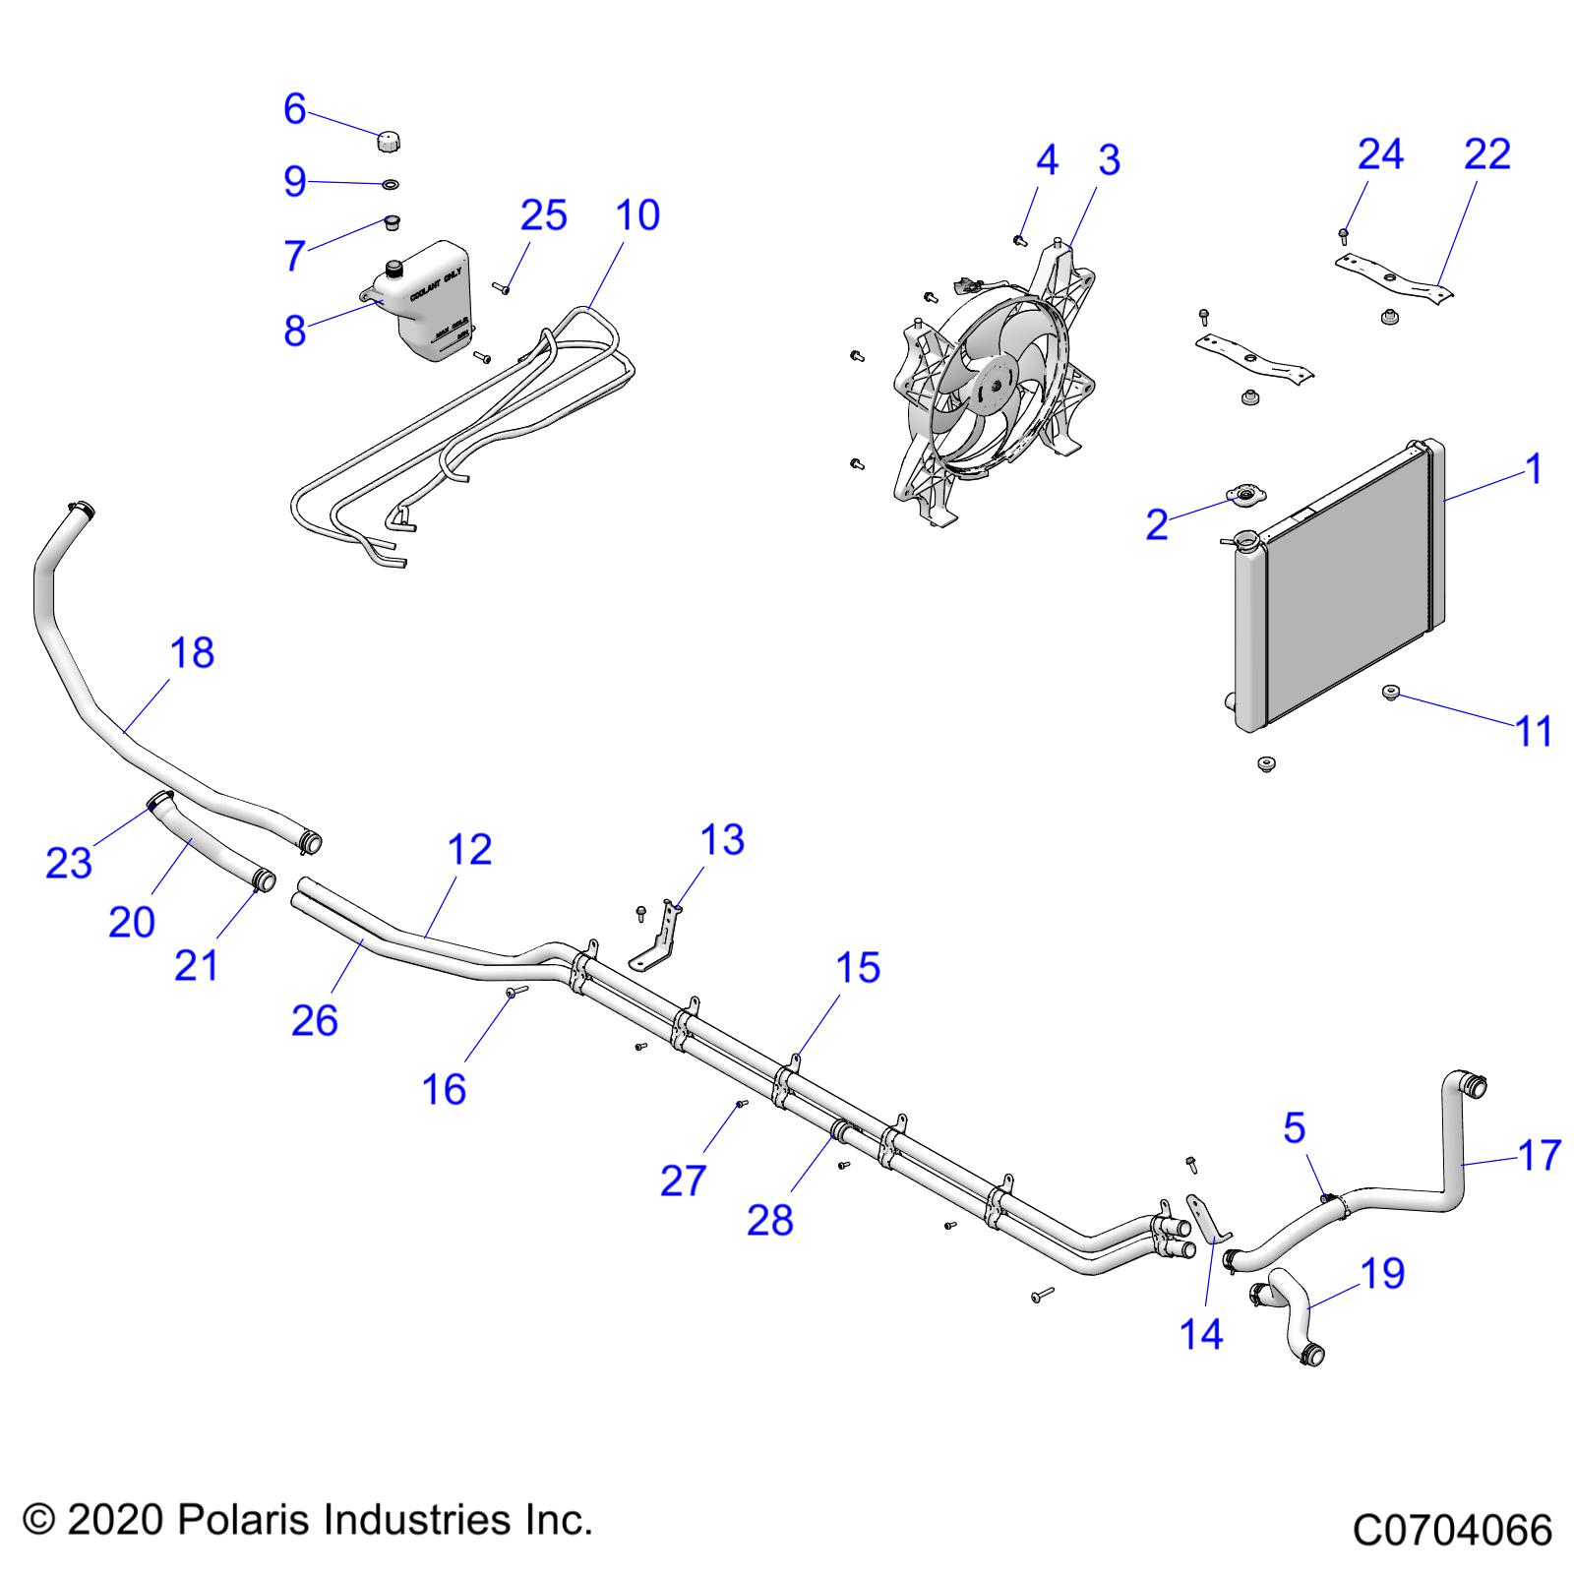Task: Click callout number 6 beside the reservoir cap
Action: pos(294,109)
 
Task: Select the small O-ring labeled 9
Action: pos(391,183)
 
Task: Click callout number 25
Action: pos(544,215)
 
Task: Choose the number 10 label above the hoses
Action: pos(638,215)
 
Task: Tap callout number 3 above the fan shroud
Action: pos(1109,160)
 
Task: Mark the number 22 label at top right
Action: pos(1486,154)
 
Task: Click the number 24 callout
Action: pos(1380,154)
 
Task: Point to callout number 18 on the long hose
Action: pos(192,652)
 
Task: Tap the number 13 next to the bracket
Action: pos(722,840)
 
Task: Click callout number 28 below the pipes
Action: pos(770,1220)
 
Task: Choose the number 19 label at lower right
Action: pos(1382,1273)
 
